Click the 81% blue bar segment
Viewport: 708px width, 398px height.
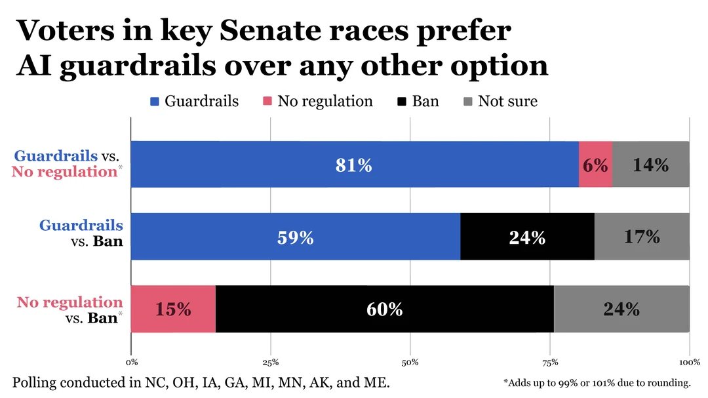pos(354,165)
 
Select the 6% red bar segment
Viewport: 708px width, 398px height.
pos(595,165)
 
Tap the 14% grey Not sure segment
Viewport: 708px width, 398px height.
pos(650,165)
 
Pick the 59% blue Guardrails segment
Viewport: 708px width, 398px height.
pos(295,237)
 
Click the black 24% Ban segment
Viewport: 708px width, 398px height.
pos(527,237)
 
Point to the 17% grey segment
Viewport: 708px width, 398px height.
pos(642,237)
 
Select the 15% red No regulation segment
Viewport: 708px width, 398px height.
pos(173,309)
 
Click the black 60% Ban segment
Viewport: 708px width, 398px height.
pos(384,309)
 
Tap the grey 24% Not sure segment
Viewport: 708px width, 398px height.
pos(621,309)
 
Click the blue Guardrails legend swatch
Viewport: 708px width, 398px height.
pos(155,102)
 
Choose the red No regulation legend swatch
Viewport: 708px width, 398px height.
pos(267,102)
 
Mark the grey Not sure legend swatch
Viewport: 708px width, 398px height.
pos(468,102)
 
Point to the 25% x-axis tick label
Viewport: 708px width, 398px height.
pos(270,362)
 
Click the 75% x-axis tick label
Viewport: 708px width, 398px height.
pos(550,362)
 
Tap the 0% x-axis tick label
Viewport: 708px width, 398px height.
pos(131,362)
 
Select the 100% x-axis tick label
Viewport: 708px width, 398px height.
pos(690,362)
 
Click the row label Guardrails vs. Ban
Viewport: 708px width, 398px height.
pos(81,233)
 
